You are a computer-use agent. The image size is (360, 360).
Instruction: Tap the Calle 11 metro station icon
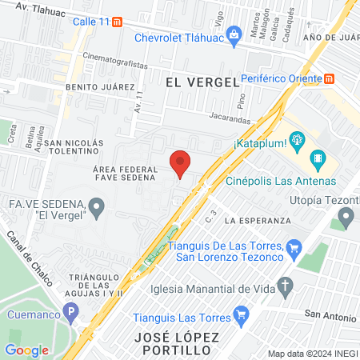(118, 22)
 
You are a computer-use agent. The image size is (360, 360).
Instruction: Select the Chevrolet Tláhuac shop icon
(234, 34)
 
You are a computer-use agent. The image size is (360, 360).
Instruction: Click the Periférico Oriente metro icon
(330, 78)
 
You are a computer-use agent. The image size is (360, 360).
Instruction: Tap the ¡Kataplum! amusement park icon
(298, 141)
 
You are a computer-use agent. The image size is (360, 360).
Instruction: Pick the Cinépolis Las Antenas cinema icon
(318, 159)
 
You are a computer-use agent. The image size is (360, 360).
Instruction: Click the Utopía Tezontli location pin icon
(346, 215)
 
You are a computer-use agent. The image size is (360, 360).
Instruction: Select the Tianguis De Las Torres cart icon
(294, 248)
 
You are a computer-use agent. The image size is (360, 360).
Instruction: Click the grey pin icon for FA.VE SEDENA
(97, 210)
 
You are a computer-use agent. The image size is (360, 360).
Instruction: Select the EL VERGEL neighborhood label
(202, 82)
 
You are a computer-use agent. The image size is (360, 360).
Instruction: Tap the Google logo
(26, 350)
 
